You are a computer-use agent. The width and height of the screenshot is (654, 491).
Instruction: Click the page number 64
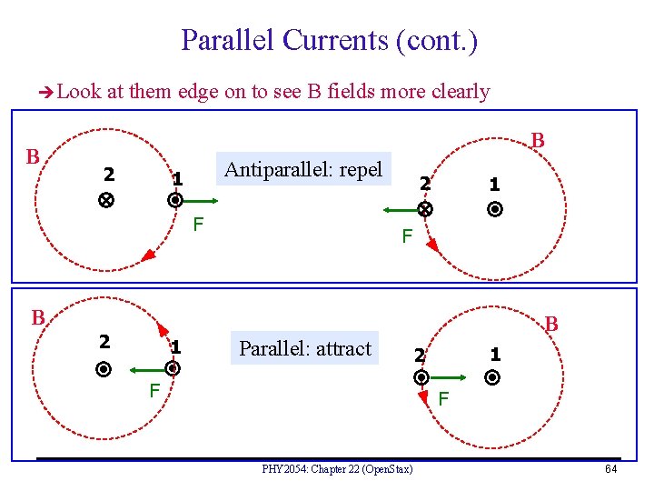611,469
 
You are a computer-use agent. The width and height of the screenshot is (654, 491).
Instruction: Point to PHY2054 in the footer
282,469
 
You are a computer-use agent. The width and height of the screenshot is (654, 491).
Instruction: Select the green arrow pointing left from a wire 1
150,370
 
